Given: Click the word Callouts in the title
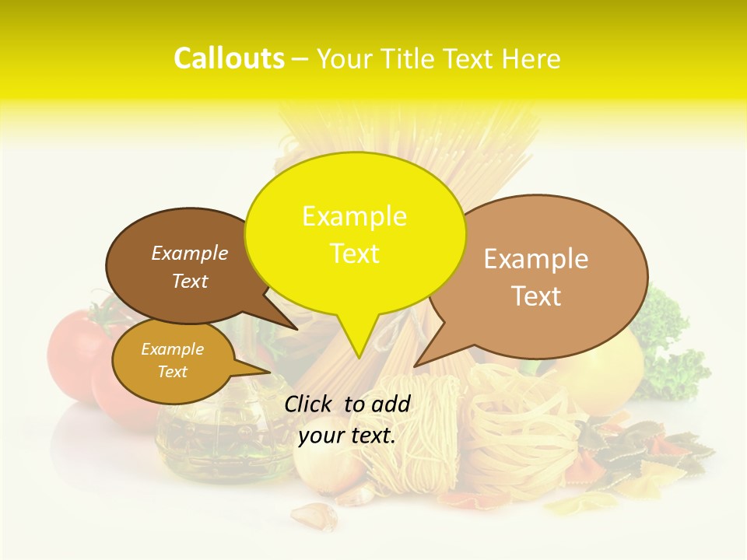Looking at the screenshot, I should (x=229, y=58).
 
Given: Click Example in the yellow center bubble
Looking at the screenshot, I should (x=354, y=216).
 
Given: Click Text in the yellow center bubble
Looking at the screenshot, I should (x=354, y=254).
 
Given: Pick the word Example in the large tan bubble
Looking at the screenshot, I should (x=536, y=259).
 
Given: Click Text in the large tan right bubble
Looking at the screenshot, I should (x=536, y=296).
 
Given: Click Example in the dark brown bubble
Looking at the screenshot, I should (x=189, y=253).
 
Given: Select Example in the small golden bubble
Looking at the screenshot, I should (x=172, y=349).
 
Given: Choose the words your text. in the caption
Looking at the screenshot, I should (x=347, y=436).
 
